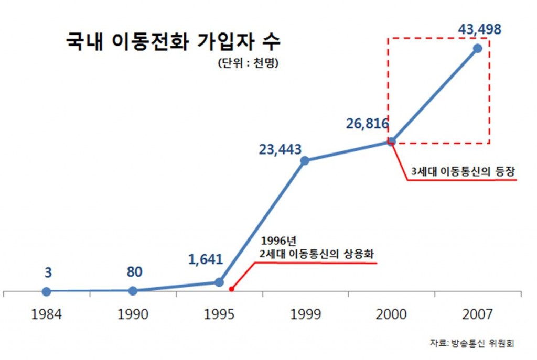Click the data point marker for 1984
click(47, 291)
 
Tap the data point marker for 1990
click(133, 290)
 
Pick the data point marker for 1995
click(219, 282)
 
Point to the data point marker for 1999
click(305, 160)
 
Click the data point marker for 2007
click(477, 48)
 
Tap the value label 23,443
click(280, 149)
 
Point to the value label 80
click(134, 272)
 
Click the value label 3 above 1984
click(48, 272)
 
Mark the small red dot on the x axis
click(231, 289)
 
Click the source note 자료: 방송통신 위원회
click(471, 344)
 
